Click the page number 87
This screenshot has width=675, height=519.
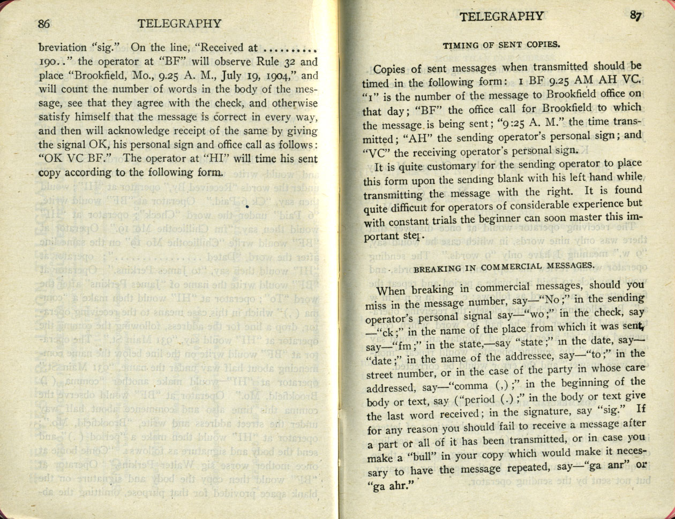(636, 16)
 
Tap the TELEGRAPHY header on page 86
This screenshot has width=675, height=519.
(179, 24)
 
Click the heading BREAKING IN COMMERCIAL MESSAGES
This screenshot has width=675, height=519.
(504, 266)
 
